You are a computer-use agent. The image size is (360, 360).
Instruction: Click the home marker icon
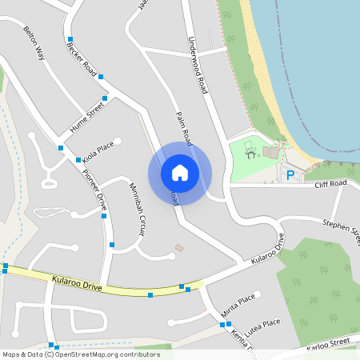179,172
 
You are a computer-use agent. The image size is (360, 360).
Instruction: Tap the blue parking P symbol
291,174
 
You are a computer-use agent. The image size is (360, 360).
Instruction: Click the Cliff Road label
330,184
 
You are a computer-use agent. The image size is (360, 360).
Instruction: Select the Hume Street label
87,113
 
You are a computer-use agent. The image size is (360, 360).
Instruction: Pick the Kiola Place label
98,150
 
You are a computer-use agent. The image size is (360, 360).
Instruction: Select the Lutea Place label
262,323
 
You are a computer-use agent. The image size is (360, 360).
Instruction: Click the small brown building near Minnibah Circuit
178,247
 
